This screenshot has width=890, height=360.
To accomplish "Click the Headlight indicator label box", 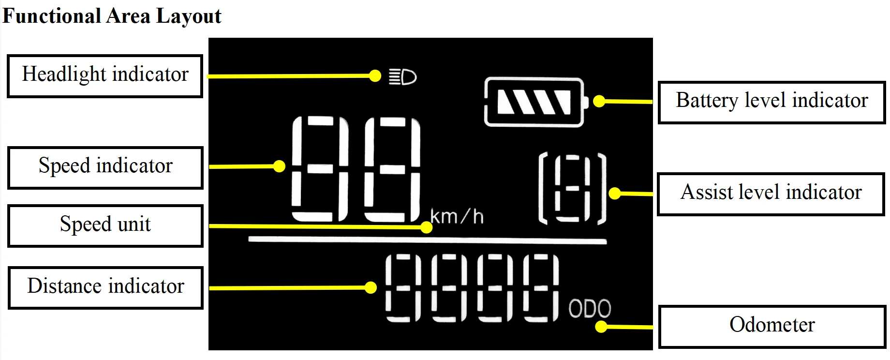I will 105,76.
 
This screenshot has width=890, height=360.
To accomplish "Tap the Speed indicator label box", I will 105,167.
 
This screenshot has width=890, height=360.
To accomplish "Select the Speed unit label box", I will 105,225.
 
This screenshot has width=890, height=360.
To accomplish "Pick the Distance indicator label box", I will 105,287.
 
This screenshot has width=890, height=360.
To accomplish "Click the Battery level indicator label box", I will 771,102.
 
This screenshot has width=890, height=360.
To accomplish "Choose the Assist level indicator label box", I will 771,194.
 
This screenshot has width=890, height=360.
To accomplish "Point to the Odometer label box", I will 772,326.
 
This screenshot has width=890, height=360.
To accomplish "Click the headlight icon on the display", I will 403,77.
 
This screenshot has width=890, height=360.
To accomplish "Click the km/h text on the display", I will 457,217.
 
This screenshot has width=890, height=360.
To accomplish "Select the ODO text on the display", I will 590,308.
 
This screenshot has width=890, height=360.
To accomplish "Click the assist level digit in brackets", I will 573,189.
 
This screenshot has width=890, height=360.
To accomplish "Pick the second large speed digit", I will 392,169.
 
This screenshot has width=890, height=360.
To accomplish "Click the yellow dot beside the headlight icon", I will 375,76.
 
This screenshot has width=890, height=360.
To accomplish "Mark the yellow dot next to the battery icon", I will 599,101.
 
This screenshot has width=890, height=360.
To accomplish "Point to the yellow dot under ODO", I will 601,327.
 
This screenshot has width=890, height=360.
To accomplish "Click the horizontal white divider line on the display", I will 427,240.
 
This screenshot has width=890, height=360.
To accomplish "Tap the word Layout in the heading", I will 189,16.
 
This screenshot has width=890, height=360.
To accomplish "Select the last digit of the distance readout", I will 541,288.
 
